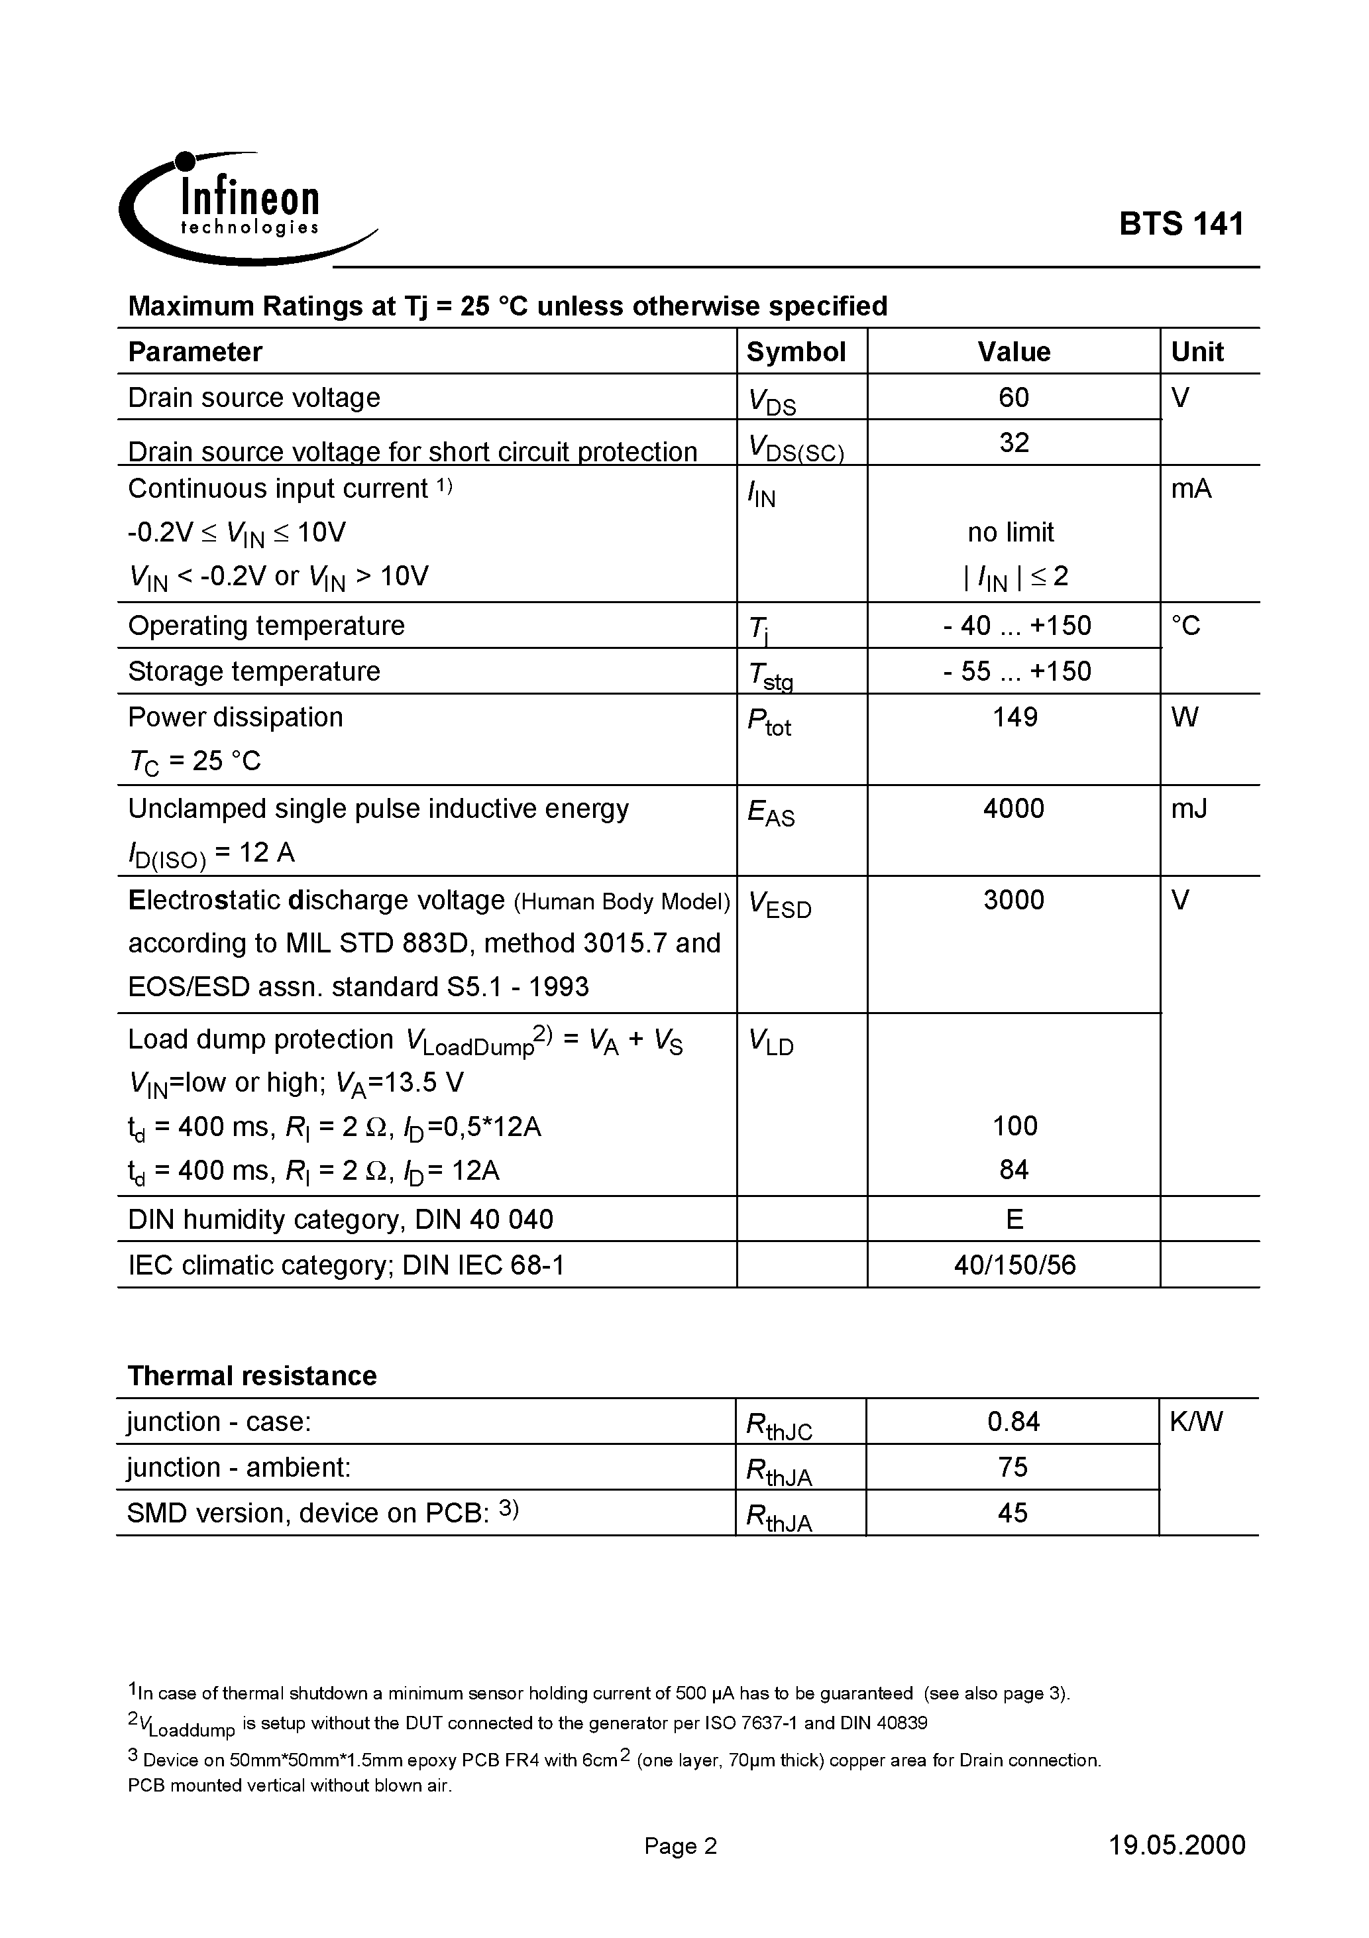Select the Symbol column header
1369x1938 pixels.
coord(796,352)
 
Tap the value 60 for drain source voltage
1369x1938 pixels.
coord(1014,398)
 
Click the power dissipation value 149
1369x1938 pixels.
coord(1014,717)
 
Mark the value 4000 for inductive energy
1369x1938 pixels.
coord(1014,809)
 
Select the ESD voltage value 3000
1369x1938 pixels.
coord(1014,901)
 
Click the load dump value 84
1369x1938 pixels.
coord(1014,1170)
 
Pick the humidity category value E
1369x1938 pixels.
coord(1014,1220)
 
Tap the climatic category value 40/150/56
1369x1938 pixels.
coord(1014,1265)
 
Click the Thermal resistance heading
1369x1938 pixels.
coord(252,1377)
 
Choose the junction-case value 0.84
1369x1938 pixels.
coord(1013,1422)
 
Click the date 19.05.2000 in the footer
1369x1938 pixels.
coord(1177,1846)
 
